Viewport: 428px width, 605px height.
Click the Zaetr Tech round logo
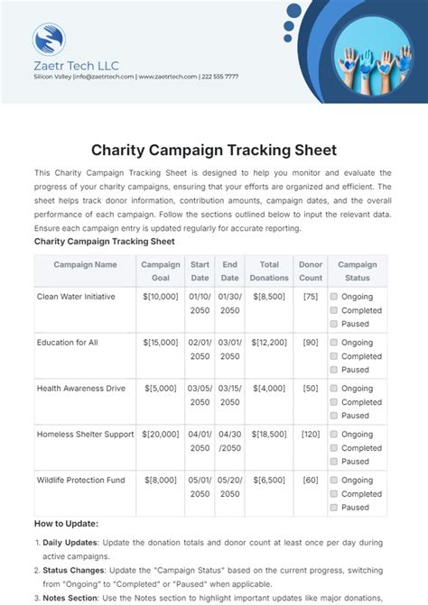49,40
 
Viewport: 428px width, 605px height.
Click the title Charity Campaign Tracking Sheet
214,150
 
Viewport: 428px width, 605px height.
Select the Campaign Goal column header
161,271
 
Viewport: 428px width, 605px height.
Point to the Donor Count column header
311,271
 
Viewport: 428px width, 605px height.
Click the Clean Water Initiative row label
77,296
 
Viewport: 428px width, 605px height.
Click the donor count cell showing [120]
311,434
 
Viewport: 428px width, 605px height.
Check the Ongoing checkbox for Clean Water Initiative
334,296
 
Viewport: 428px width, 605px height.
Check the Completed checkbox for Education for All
334,356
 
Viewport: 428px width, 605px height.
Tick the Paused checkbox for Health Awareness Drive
334,416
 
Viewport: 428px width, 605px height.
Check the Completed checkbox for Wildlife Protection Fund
334,494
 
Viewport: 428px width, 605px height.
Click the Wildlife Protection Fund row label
80,480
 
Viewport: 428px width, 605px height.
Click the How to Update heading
66,524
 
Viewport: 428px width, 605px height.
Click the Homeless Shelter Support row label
85,434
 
